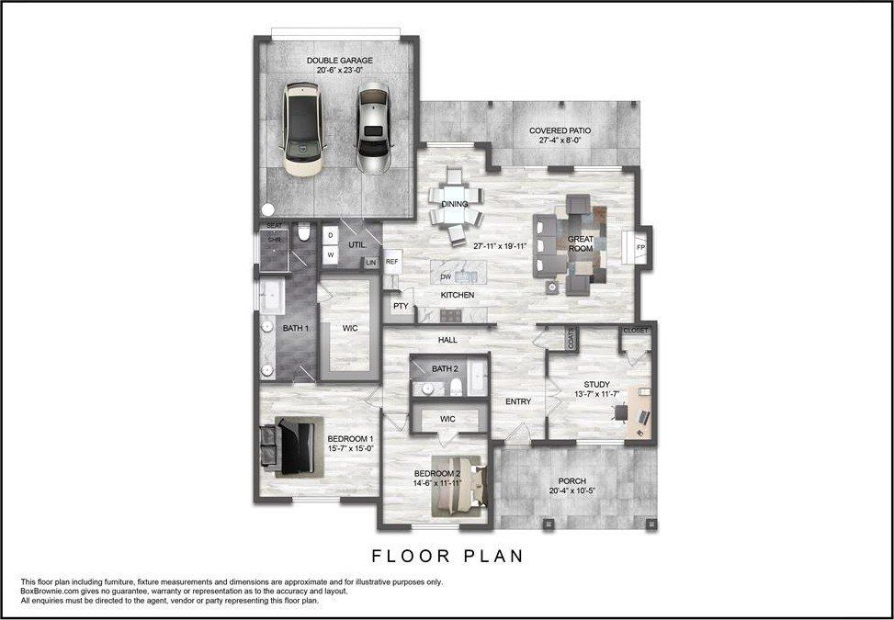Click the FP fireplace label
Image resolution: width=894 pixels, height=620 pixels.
point(640,248)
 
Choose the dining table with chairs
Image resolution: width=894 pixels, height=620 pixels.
point(456,206)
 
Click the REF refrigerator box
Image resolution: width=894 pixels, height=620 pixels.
point(392,262)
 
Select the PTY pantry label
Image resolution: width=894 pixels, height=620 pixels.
point(401,307)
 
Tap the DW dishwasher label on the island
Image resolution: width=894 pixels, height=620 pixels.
point(445,276)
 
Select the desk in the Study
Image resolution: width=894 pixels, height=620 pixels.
point(639,412)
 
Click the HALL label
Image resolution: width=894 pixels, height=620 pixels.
point(447,340)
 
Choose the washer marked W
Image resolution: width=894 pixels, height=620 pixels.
point(330,255)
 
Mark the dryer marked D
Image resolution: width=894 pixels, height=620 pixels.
point(330,235)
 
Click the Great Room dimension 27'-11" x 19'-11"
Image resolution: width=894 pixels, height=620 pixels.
point(504,247)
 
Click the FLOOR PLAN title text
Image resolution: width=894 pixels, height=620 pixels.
point(447,556)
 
